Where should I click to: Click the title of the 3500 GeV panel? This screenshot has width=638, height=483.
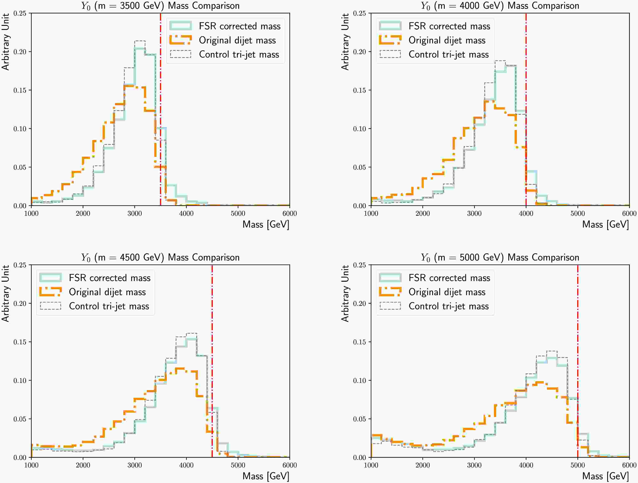point(160,6)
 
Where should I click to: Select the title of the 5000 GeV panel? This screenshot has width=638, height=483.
point(500,257)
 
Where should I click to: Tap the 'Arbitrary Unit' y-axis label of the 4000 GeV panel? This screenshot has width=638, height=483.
point(345,42)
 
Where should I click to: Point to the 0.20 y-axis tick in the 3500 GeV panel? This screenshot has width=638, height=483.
point(20,52)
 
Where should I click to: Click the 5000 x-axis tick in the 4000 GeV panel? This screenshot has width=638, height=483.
point(577,214)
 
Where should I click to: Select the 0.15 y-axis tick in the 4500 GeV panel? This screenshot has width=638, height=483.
point(20,342)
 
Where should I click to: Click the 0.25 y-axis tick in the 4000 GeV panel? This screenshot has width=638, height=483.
point(359,13)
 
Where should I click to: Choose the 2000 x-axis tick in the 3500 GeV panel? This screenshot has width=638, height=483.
point(83,214)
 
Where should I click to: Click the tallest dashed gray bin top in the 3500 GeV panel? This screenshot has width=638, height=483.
point(140,41)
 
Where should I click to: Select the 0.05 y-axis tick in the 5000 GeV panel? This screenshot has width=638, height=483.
point(359,419)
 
